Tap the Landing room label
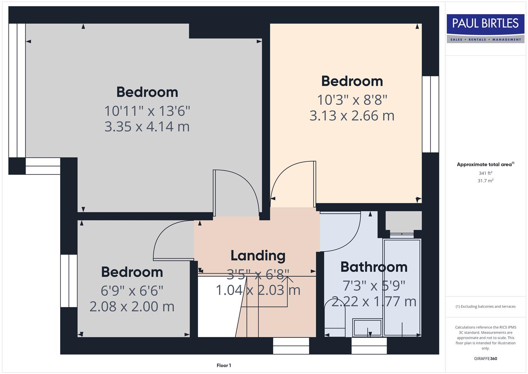point(258,256)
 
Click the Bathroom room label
point(374,267)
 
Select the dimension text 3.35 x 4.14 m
point(147,126)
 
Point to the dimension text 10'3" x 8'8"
point(352,100)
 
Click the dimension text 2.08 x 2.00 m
point(132,306)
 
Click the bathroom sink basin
point(367,328)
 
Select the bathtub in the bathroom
point(402,287)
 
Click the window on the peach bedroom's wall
point(430,114)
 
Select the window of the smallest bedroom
point(69,281)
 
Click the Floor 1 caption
point(224,365)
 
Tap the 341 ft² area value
point(485,173)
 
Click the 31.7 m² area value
point(485,181)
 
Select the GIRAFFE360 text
point(485,358)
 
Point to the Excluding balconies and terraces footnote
point(485,306)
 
